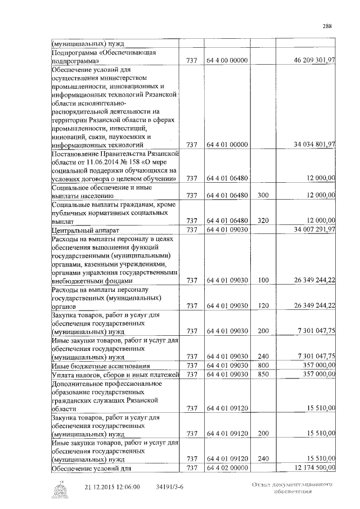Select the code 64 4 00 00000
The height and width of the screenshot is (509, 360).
click(227, 60)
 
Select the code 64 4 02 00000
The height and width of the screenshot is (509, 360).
click(227, 467)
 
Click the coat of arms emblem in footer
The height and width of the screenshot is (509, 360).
click(58, 490)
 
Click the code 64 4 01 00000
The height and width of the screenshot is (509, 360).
click(227, 145)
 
